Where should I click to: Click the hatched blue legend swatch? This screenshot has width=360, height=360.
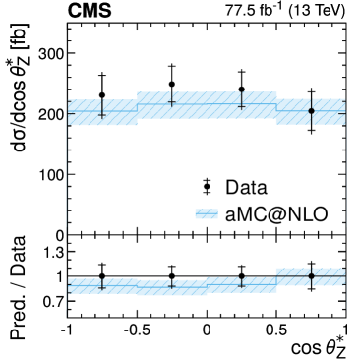point(207,213)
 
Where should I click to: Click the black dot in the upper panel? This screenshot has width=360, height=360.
point(311,111)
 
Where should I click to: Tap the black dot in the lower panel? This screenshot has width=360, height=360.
point(311,276)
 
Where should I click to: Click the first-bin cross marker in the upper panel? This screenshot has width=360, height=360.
point(102,115)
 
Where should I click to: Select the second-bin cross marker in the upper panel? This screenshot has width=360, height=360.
point(172,101)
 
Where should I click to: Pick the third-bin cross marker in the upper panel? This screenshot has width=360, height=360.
point(241,105)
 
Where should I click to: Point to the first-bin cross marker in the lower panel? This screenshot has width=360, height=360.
point(102,286)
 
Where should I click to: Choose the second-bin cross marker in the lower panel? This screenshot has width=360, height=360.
point(172,285)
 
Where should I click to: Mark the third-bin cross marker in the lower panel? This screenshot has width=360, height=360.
point(241,284)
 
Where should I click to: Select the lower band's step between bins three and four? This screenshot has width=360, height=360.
point(276,276)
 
